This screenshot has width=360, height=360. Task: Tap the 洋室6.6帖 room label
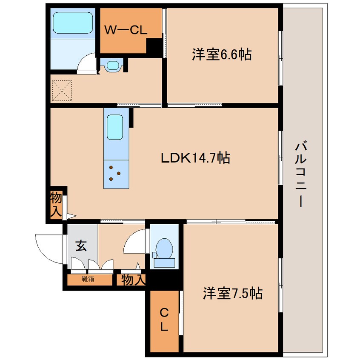click(221, 54)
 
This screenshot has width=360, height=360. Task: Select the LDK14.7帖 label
click(195, 158)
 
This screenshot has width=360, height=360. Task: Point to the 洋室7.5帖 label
click(232, 294)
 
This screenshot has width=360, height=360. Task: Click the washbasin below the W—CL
click(112, 66)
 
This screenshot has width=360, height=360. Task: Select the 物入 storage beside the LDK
click(56, 204)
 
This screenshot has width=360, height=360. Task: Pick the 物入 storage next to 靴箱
click(133, 280)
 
